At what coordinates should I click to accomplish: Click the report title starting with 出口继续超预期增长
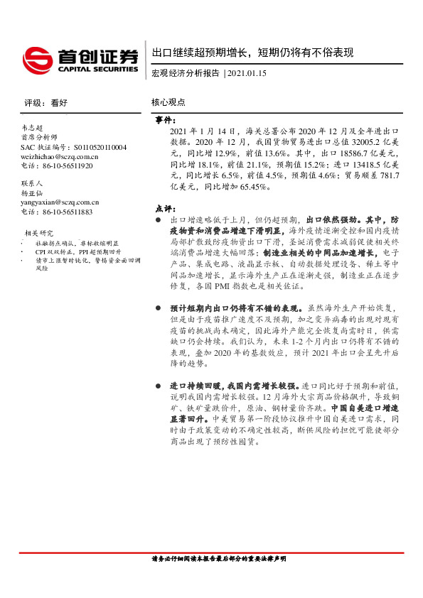[252, 53]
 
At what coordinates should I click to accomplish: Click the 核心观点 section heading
[168, 102]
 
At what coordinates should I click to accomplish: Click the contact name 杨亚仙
[33, 192]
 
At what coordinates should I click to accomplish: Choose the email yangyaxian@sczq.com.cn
[60, 202]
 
